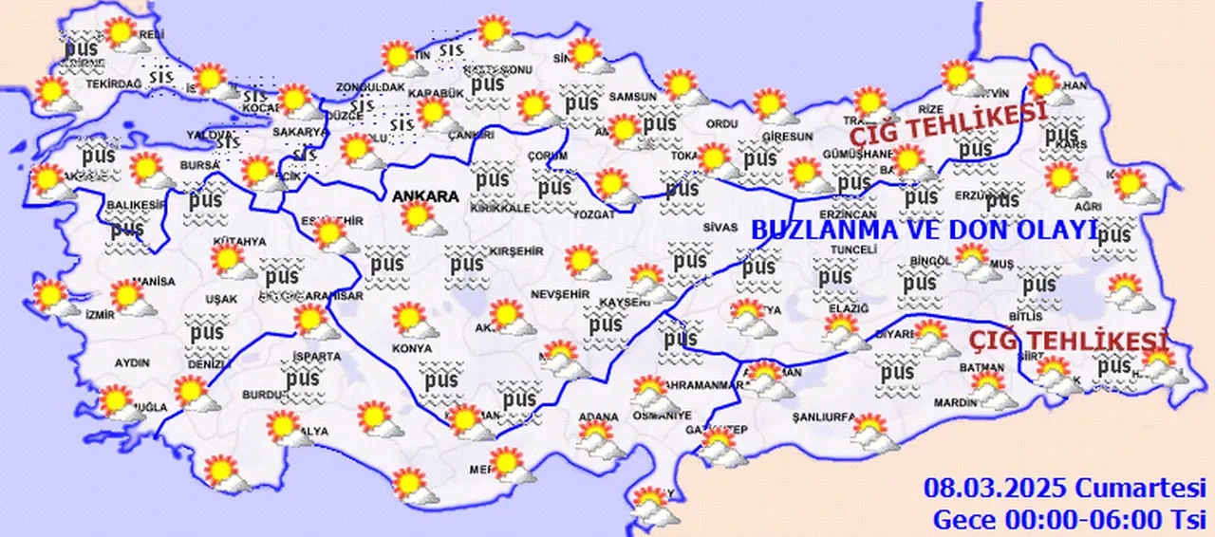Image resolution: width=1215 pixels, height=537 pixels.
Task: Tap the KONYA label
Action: pyautogui.click(x=411, y=349)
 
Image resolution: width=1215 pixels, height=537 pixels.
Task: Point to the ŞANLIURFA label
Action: pyautogui.click(x=825, y=417)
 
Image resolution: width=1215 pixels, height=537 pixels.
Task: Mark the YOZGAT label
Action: pyautogui.click(x=595, y=215)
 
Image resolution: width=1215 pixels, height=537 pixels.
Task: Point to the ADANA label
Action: pyautogui.click(x=598, y=417)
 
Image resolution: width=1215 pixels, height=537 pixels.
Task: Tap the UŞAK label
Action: pyautogui.click(x=221, y=300)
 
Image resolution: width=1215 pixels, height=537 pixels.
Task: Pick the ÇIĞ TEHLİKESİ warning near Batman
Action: pyautogui.click(x=1067, y=340)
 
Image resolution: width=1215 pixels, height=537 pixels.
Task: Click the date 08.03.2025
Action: pyautogui.click(x=997, y=490)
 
